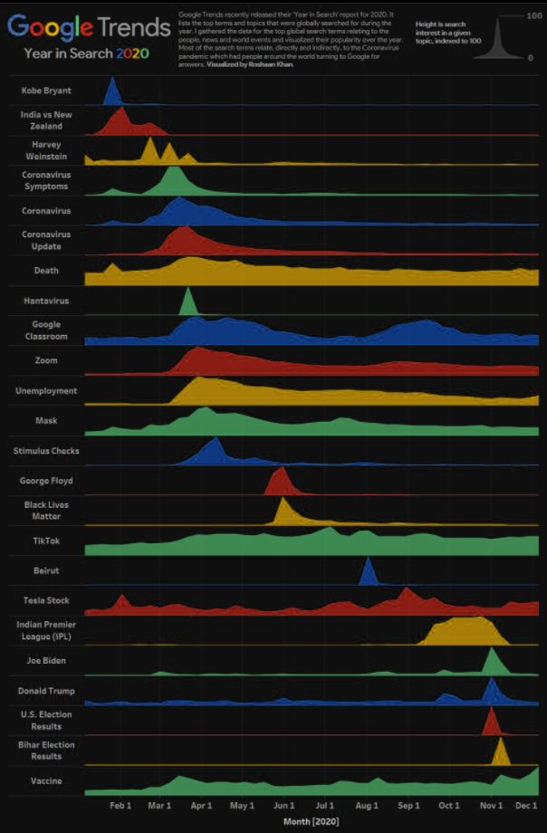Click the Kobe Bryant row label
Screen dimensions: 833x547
click(x=46, y=91)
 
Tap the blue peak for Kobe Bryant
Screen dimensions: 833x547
click(x=112, y=93)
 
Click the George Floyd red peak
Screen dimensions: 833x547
click(x=280, y=483)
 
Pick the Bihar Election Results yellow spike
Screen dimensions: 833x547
click(x=500, y=753)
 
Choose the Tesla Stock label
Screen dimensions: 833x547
click(x=46, y=600)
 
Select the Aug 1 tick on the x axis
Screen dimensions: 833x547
click(x=367, y=804)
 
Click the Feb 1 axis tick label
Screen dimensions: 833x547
click(x=120, y=804)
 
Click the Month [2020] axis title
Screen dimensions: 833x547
click(x=311, y=820)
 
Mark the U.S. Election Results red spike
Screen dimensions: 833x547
click(x=491, y=723)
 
